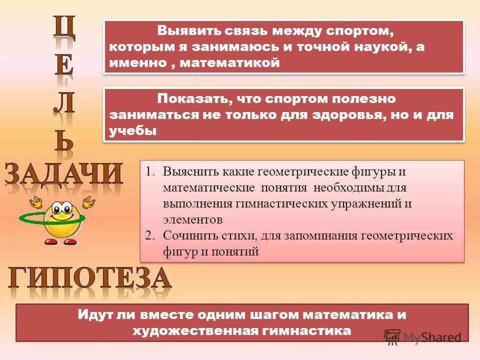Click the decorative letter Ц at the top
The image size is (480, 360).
coord(65,29)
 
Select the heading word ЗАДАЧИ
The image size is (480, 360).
coord(63,175)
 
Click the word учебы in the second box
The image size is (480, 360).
coord(132,130)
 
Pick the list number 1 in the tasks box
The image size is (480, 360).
coord(149,172)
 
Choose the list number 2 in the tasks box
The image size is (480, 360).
coord(149,236)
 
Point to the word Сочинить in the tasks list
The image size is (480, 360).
coord(188,236)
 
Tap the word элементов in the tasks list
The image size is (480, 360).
coord(192,219)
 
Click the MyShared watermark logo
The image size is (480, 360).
coord(422,336)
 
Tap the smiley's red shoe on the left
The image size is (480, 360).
coord(51,241)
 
